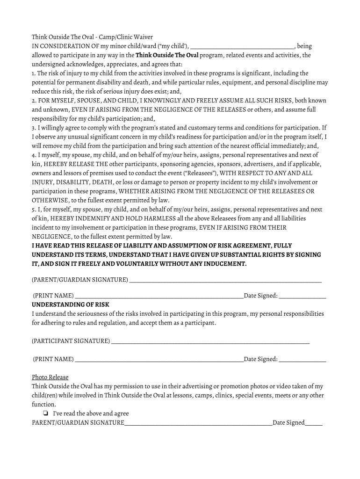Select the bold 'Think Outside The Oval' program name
(167, 55)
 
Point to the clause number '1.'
(34, 73)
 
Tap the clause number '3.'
(34, 128)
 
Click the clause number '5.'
(34, 209)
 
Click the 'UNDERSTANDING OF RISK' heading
(70, 305)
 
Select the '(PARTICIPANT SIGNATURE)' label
(71, 341)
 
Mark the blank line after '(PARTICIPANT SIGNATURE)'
(210, 341)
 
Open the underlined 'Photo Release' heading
(50, 377)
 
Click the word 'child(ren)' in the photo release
(44, 395)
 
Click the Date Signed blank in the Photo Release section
(313, 423)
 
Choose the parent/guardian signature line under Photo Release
(198, 423)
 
